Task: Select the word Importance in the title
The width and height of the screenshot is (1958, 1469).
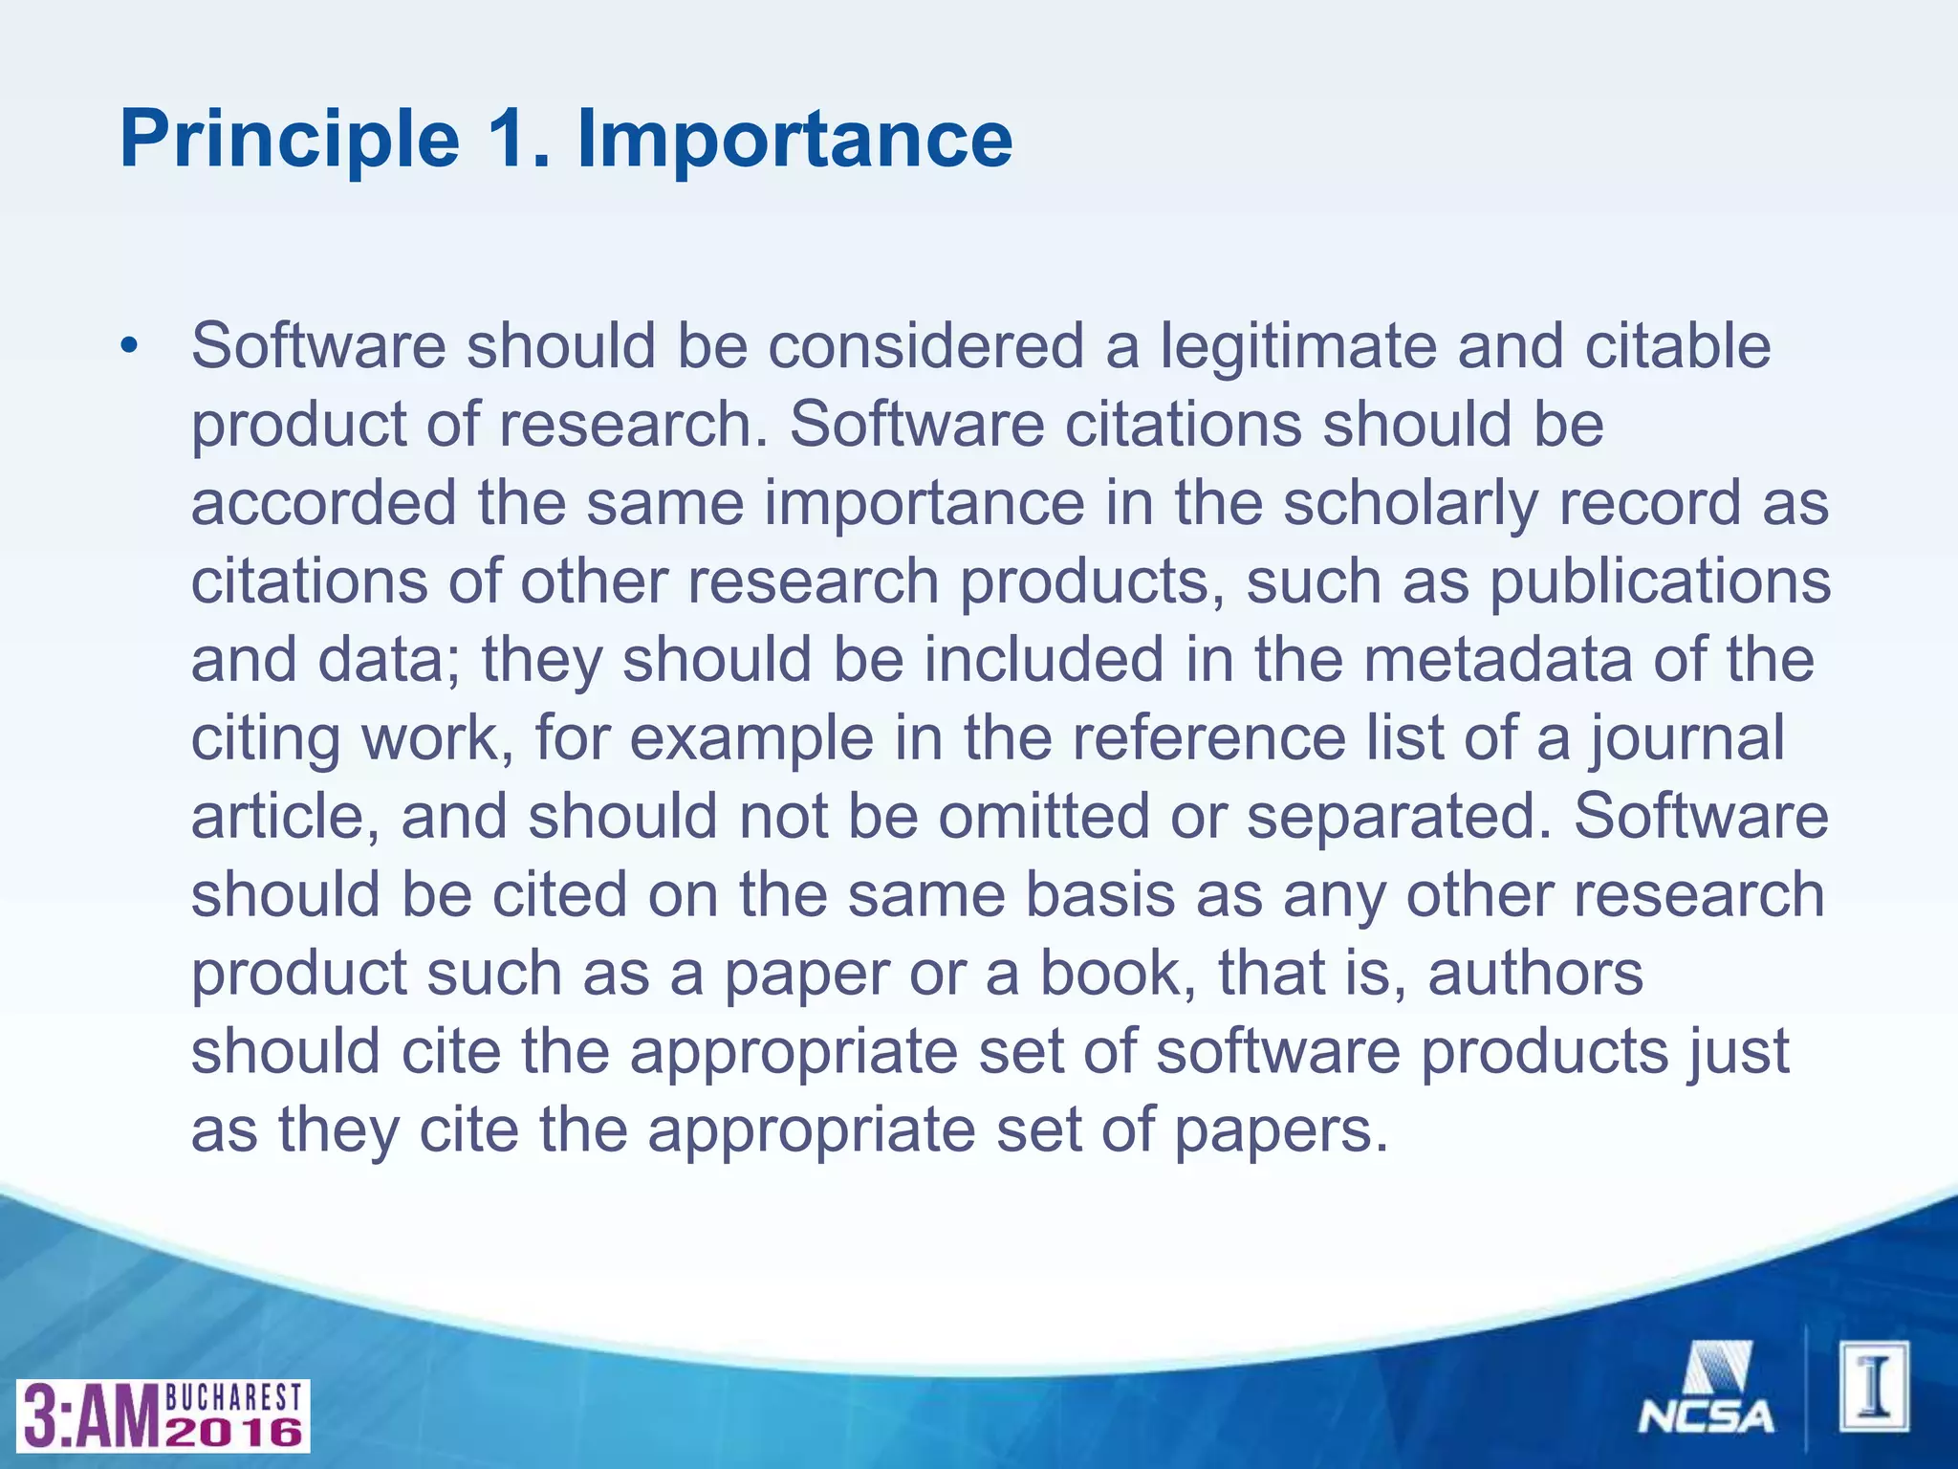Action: coord(794,140)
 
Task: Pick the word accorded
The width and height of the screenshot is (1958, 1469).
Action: coord(324,503)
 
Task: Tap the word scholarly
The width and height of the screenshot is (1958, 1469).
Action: coord(1410,503)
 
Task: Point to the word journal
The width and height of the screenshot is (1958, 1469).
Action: coord(1687,738)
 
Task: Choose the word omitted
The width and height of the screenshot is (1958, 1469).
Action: coord(1043,817)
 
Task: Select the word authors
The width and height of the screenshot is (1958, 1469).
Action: coord(1535,974)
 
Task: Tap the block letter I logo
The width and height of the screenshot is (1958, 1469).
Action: coord(1875,1386)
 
